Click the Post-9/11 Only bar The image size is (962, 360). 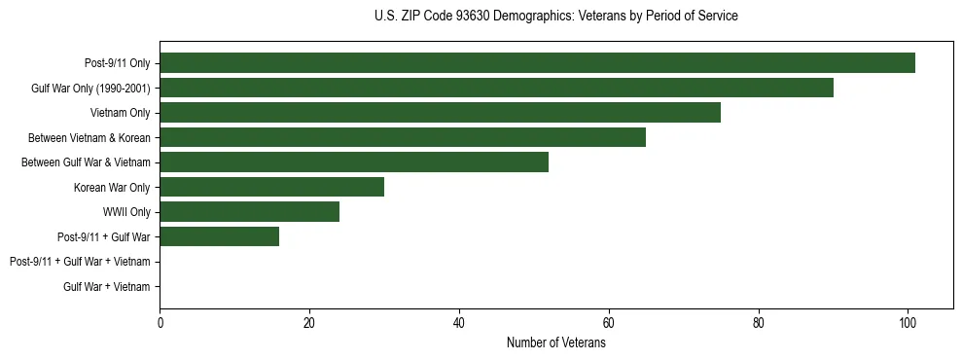point(537,63)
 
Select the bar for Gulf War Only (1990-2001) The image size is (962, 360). point(496,88)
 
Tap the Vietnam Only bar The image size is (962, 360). point(440,113)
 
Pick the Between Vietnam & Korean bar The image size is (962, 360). point(403,137)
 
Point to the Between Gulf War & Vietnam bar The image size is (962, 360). point(354,162)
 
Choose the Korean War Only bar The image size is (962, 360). point(271,187)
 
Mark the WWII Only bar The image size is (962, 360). point(249,211)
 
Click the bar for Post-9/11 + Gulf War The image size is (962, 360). point(219,236)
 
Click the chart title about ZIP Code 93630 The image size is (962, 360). point(555,17)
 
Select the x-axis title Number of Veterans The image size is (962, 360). point(555,342)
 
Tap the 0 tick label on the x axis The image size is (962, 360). point(160,323)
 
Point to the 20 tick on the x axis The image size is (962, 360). point(309,323)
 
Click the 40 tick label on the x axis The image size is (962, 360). point(459,323)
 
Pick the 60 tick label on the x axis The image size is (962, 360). point(609,323)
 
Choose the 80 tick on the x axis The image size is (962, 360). point(759,323)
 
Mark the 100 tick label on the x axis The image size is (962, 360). point(908,323)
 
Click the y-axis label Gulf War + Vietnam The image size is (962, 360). point(106,286)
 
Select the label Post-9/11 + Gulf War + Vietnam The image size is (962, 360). point(80,262)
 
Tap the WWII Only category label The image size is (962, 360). point(126,212)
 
